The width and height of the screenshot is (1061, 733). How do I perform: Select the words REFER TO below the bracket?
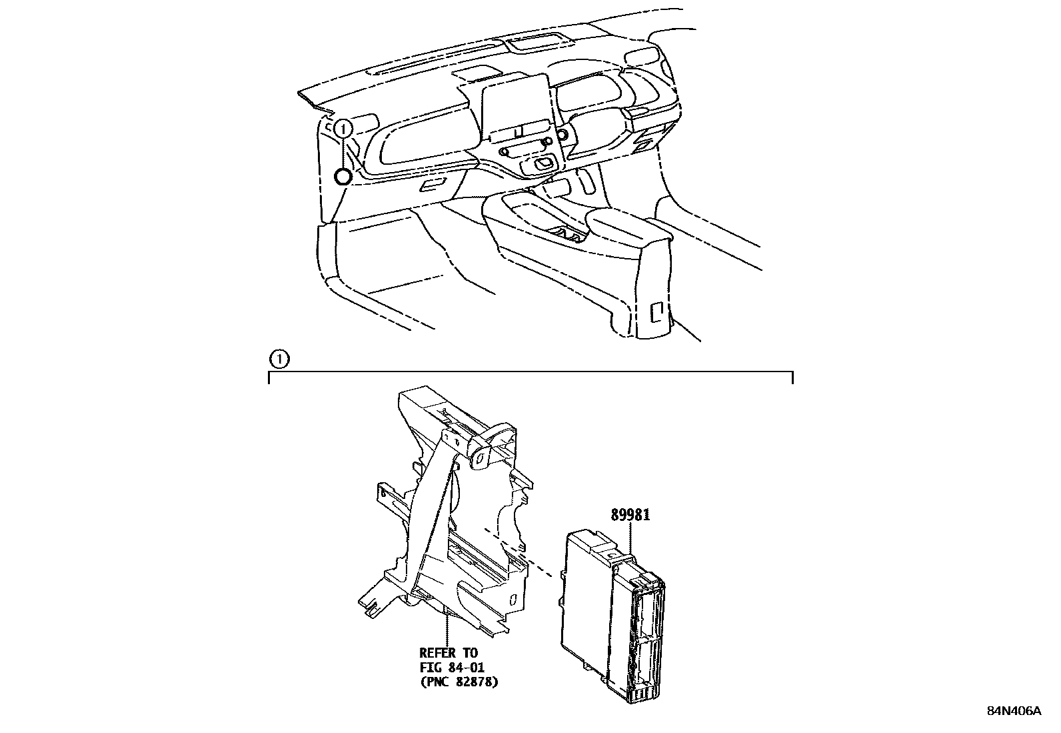(x=449, y=653)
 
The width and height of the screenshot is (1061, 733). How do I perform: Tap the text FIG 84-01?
(x=452, y=668)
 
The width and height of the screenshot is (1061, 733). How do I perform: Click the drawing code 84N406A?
(x=1014, y=711)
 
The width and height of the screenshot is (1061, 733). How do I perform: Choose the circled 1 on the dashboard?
(x=343, y=128)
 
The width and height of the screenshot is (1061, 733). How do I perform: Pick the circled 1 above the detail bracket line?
(x=279, y=359)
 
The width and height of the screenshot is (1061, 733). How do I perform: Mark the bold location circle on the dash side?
(x=343, y=177)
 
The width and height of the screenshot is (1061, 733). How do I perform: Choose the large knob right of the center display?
(x=562, y=135)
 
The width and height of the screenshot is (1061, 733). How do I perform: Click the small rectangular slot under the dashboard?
(x=435, y=184)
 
